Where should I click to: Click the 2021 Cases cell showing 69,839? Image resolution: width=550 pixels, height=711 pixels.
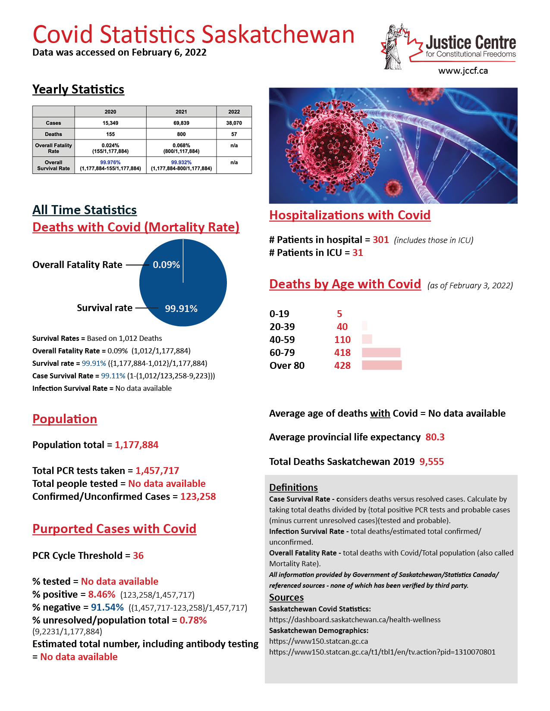(181, 123)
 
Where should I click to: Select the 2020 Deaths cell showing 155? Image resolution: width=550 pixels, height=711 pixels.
(110, 134)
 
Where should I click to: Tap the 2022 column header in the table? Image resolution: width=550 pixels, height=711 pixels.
(234, 112)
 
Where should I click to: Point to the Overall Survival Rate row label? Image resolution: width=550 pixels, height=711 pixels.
(53, 165)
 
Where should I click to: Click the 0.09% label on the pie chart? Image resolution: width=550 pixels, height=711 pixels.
(167, 265)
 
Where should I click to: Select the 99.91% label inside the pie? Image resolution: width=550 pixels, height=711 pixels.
(181, 309)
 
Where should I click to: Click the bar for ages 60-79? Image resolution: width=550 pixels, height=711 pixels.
(381, 352)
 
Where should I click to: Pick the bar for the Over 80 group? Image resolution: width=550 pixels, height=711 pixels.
(382, 365)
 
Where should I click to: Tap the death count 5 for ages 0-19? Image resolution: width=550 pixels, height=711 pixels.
(339, 314)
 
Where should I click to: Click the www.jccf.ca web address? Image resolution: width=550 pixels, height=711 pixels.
(463, 71)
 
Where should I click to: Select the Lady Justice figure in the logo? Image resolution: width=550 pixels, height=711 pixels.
(392, 47)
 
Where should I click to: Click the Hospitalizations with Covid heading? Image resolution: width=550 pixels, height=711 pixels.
(350, 215)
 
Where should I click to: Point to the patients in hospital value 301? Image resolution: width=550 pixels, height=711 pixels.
(380, 240)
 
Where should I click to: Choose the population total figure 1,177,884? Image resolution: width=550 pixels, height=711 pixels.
(136, 445)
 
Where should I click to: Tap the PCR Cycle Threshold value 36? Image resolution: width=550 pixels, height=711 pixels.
(138, 555)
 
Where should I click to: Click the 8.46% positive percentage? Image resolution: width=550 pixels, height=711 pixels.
(102, 594)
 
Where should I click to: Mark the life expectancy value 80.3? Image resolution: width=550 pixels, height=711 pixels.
(435, 437)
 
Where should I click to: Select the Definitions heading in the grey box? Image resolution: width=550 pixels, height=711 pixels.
(293, 487)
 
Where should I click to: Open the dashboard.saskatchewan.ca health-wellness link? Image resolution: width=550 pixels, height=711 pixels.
(355, 620)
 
